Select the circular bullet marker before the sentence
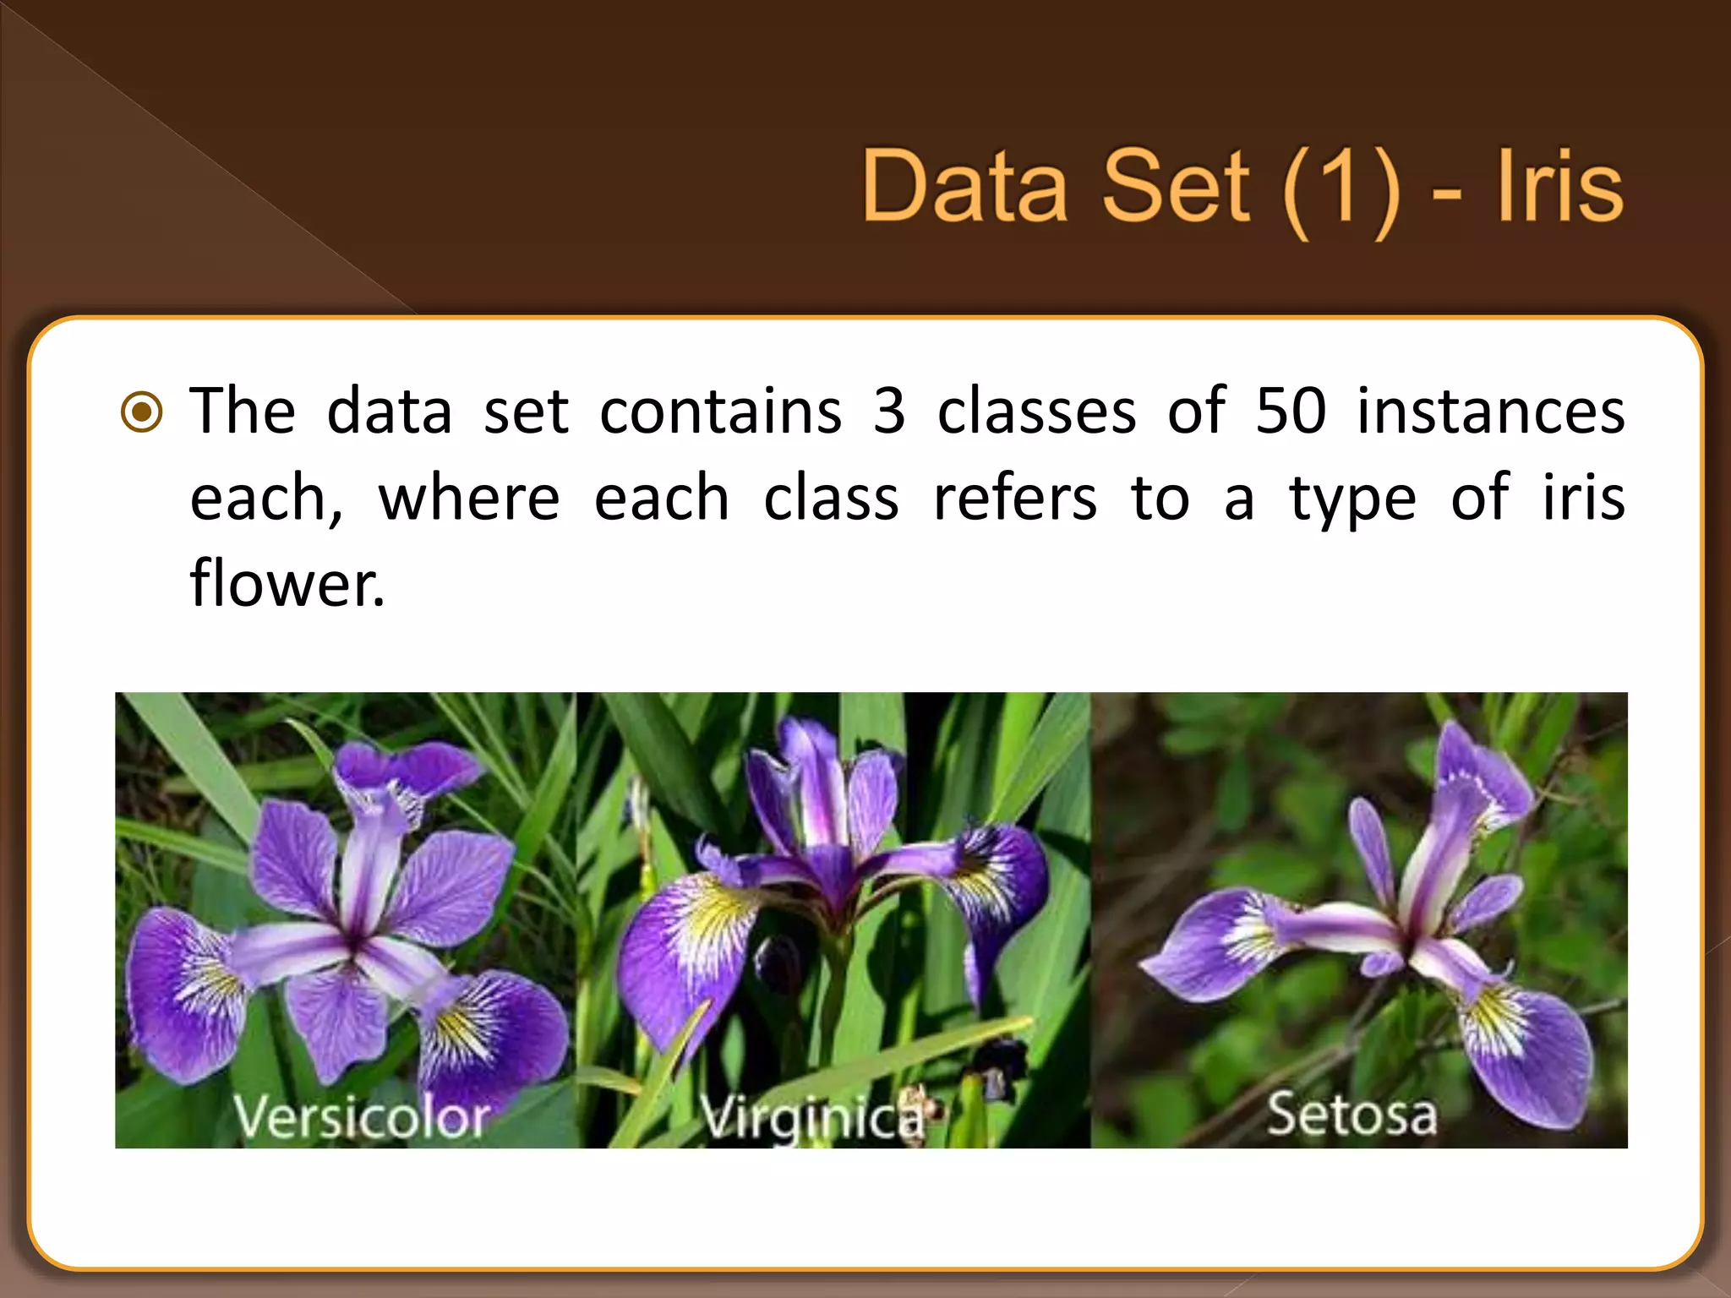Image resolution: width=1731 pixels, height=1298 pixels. pos(142,412)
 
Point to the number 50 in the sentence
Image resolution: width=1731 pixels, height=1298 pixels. pos(1291,412)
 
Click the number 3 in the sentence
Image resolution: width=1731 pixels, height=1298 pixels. pos(889,412)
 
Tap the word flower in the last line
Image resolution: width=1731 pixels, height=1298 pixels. pos(287,583)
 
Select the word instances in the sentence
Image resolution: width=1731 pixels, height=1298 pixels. pos(1491,412)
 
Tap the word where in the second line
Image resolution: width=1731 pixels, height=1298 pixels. pos(469,499)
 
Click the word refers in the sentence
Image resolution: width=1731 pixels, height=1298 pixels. pos(1015,499)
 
